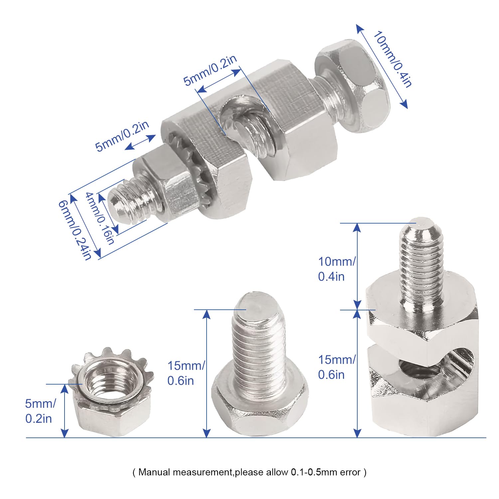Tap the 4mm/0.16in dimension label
click(100, 218)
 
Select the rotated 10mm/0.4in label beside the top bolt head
click(393, 59)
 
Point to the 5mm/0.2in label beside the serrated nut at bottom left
click(40, 411)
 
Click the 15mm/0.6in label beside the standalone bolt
click(186, 373)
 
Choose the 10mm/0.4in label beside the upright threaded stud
click(337, 269)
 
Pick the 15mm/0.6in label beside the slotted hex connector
click(337, 367)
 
